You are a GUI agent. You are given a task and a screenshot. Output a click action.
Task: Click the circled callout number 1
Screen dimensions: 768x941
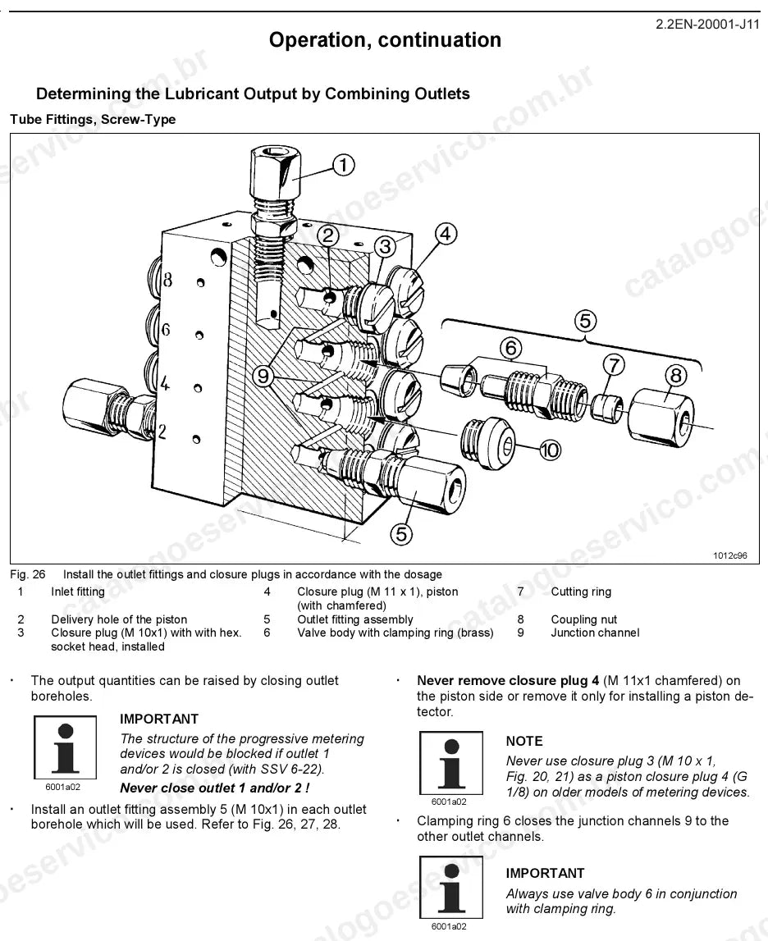(343, 165)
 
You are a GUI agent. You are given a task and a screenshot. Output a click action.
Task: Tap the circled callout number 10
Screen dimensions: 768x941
(551, 450)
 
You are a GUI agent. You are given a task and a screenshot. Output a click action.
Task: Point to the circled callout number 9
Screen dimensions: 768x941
(263, 377)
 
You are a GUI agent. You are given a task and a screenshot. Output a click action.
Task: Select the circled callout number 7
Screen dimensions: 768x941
(613, 365)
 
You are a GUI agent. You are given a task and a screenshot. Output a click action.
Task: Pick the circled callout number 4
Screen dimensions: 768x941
(445, 234)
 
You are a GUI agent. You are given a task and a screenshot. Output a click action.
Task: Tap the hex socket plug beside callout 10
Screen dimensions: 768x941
(487, 443)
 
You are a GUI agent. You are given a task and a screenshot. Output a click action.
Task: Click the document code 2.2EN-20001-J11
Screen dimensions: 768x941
(707, 25)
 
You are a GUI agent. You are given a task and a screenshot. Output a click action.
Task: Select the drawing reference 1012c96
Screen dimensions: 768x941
(729, 555)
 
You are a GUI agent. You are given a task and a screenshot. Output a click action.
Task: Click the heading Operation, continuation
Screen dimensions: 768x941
(385, 40)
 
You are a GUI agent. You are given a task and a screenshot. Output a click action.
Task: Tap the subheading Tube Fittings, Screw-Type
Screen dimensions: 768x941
(93, 120)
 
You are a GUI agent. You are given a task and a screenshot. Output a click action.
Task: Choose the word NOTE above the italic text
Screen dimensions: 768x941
(524, 741)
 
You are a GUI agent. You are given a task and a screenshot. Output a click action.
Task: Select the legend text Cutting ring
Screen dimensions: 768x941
(581, 592)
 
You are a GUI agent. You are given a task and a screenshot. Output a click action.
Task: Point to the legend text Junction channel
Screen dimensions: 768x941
(595, 633)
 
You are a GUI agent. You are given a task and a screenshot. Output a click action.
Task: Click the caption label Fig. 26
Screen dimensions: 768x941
(28, 574)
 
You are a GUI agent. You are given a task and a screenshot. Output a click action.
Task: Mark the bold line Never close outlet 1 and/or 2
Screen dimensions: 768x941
(215, 788)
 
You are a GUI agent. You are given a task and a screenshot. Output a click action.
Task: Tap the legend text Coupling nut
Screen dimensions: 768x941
(584, 619)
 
